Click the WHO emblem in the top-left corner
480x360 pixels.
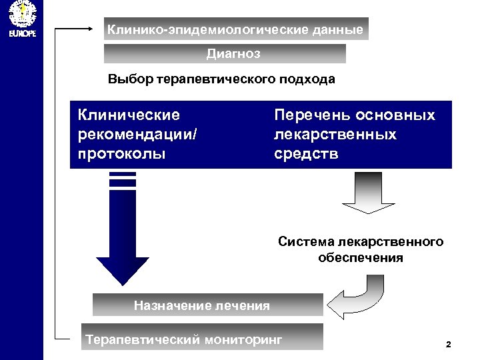[x=21, y=13]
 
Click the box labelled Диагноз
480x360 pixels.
[x=225, y=53]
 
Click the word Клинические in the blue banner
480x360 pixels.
[x=129, y=115]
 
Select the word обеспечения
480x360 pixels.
[x=361, y=257]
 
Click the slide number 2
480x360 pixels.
[x=448, y=345]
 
